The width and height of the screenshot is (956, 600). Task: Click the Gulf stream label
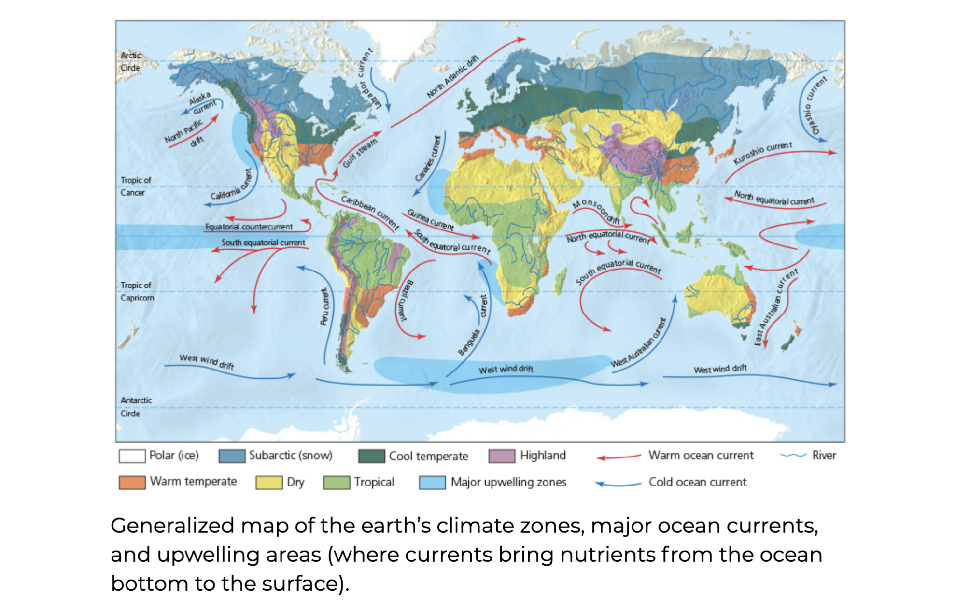click(360, 153)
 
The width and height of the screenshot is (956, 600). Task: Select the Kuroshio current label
click(762, 153)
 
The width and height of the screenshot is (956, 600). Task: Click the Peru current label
click(325, 307)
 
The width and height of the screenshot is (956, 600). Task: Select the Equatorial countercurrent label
click(249, 227)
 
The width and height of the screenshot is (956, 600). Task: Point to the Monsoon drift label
click(596, 211)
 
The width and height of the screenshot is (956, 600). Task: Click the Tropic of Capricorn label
click(137, 291)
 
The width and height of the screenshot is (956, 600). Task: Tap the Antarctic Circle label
click(136, 407)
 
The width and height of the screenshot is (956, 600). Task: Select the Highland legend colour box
click(501, 456)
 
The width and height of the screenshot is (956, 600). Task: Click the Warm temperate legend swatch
click(132, 482)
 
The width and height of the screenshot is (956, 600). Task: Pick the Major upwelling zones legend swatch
click(432, 482)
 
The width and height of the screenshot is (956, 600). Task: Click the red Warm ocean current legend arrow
click(619, 457)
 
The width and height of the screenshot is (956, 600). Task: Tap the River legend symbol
click(793, 456)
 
